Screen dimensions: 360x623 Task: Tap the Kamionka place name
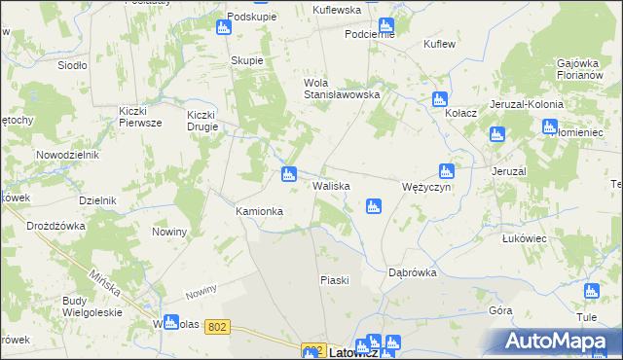pos(259,211)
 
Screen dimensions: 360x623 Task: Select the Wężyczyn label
pos(426,187)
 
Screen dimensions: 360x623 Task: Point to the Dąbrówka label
pos(412,273)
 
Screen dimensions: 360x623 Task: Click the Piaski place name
pos(334,280)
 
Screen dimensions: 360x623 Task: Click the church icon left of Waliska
pos(288,174)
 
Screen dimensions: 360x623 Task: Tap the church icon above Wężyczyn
pos(446,170)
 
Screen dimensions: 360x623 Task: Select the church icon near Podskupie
pos(224,27)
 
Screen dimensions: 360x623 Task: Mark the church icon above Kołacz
pos(439,98)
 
